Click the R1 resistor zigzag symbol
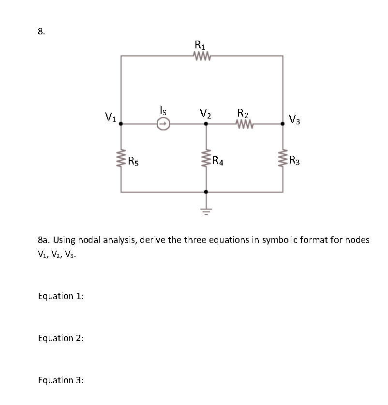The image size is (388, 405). [201, 56]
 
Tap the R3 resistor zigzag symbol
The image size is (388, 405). [283, 158]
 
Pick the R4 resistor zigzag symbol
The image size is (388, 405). [206, 158]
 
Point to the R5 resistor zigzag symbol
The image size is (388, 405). [121, 158]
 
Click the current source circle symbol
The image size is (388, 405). [164, 124]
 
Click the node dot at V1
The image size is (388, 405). [121, 124]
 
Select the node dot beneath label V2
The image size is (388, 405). [206, 124]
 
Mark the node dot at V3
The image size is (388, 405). [283, 124]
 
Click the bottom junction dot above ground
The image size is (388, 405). [206, 192]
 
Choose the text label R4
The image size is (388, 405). [218, 161]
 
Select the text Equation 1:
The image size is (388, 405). [60, 296]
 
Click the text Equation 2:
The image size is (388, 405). [60, 338]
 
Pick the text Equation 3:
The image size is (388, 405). [60, 380]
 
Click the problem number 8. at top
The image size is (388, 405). [42, 32]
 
